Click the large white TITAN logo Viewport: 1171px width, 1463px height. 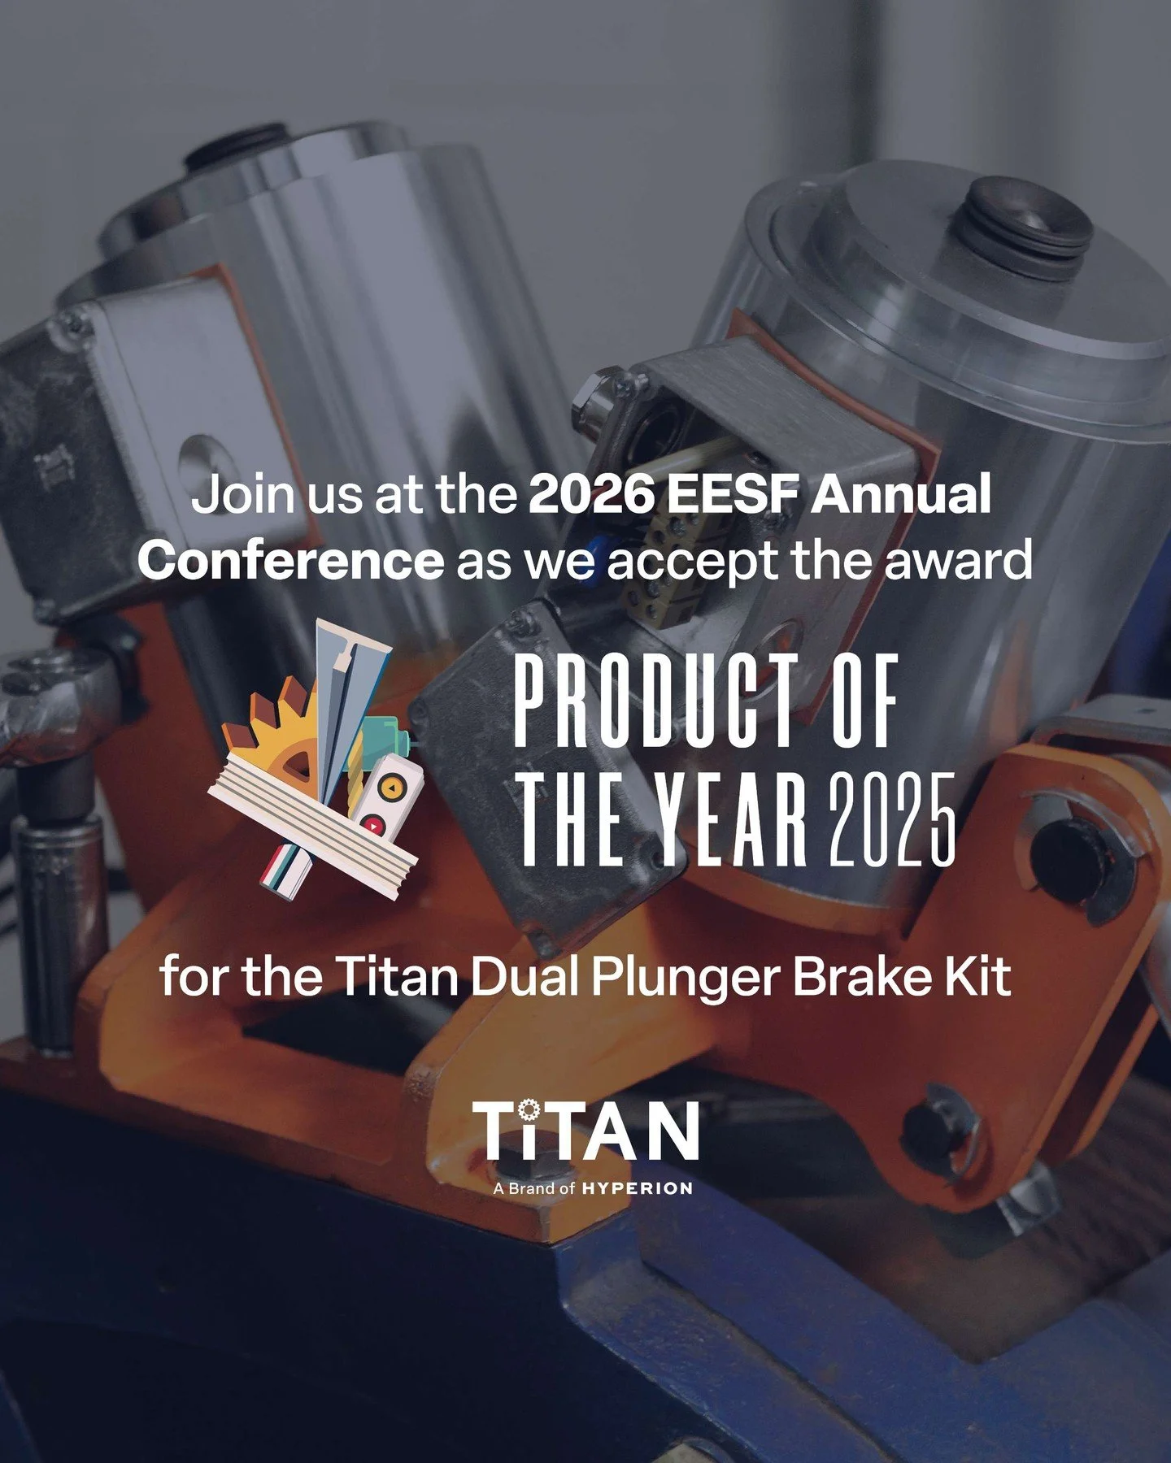(585, 1131)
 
